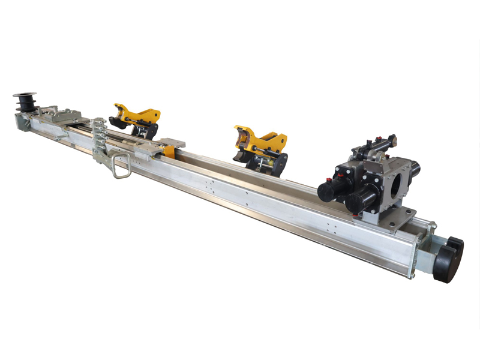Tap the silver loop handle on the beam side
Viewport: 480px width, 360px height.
[120, 165]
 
